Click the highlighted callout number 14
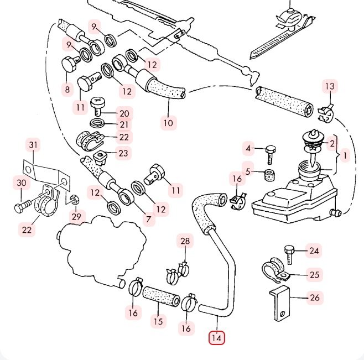tap(216, 337)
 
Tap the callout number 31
tap(34, 145)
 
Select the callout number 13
tap(330, 86)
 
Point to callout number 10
tap(168, 123)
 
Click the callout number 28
tap(185, 241)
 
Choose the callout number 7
tap(148, 220)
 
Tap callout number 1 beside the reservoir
tap(345, 156)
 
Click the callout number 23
tap(123, 153)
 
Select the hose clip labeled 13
tap(325, 112)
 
